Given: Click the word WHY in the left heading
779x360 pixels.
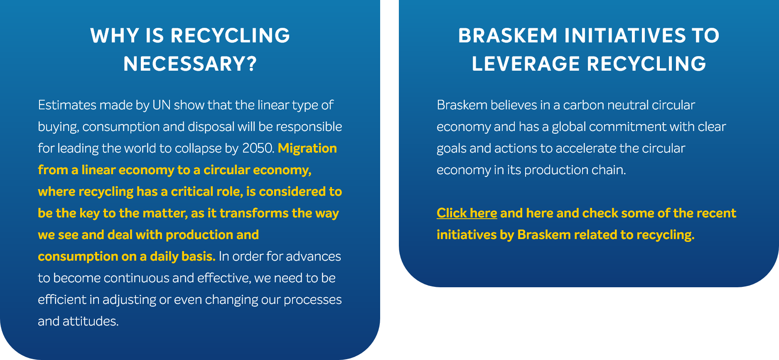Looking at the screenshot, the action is pos(115,36).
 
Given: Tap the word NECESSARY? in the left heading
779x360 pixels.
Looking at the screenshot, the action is pos(190,64).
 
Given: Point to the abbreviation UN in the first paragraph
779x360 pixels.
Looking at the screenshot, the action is pos(162,105).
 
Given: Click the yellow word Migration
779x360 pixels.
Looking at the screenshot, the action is pos(307,148).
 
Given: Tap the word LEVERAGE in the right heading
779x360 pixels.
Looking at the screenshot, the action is pos(526,64).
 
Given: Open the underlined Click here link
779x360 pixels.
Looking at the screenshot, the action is pos(467,213).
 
